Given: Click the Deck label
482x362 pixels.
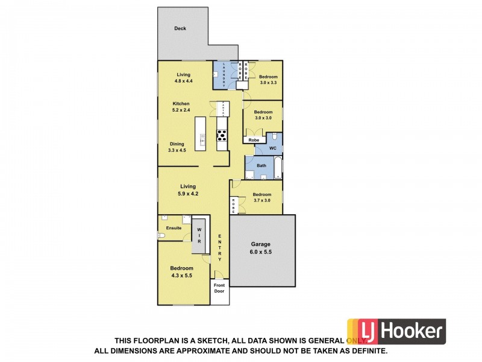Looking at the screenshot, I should coord(180,28).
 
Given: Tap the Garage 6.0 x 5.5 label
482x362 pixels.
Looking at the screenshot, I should coord(261,249).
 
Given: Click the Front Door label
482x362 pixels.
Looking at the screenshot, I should coord(219,288).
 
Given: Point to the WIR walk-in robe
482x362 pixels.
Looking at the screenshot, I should coord(198,235).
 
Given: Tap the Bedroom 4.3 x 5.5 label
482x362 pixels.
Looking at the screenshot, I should coord(181,271).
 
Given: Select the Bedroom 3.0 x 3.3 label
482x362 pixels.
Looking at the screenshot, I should coord(268,80).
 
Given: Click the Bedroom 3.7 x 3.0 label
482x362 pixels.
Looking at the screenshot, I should coord(262,197).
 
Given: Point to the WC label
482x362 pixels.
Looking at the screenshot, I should coord(272,148).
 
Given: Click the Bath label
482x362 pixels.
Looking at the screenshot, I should coord(261,165).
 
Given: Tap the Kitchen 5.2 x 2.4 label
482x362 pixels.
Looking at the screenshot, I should coord(181,107).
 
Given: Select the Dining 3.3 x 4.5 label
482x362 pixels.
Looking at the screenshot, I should coord(177,147).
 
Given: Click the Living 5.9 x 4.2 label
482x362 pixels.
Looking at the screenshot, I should coord(188,190).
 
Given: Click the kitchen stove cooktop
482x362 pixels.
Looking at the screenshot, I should coord(222,136).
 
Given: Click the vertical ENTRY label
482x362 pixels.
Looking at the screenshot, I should coord(220,247).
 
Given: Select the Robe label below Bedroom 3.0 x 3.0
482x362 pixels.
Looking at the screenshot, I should coord(254,140).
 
